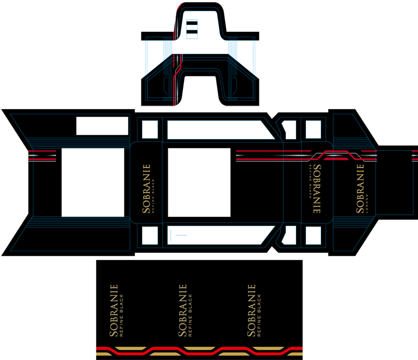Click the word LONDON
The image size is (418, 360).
click(x=367, y=204)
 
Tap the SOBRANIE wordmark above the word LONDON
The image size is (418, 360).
click(x=360, y=189)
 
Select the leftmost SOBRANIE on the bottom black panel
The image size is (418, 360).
click(x=114, y=310)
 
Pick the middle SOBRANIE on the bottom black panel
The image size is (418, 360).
click(x=182, y=310)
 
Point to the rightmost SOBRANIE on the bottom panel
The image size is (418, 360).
click(x=251, y=310)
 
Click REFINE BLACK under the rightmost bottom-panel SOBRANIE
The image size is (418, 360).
click(x=259, y=315)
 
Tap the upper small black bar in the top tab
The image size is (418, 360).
click(x=192, y=23)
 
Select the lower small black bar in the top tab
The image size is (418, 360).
click(x=192, y=32)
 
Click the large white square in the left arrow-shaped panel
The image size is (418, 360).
click(x=93, y=183)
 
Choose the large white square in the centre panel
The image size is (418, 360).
click(x=199, y=183)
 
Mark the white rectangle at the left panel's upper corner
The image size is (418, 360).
click(x=103, y=126)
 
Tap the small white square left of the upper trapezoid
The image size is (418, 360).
click(x=150, y=129)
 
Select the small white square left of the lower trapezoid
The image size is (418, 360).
click(x=150, y=235)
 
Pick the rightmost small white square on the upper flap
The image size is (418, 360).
click(x=313, y=129)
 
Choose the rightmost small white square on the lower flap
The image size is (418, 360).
click(x=313, y=235)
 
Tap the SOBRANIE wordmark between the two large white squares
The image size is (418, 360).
click(x=147, y=189)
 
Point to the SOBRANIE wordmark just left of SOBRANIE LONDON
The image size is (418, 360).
click(x=317, y=189)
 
